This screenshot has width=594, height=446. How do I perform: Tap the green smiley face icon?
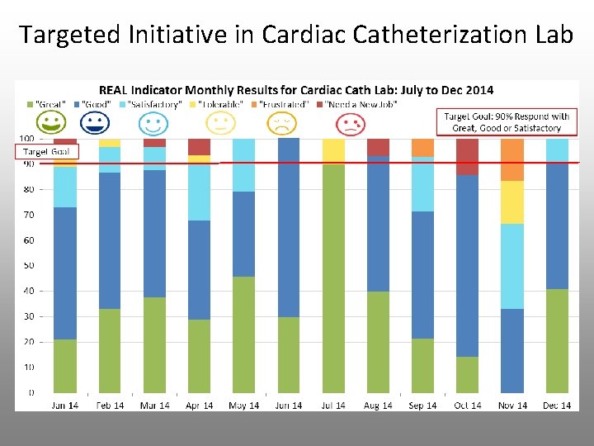(x=52, y=125)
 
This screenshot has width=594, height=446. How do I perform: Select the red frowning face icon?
(x=351, y=125)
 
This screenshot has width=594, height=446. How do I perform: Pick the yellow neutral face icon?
(x=219, y=125)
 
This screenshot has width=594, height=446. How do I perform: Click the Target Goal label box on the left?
(x=46, y=152)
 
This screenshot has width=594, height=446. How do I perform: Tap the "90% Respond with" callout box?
(x=507, y=121)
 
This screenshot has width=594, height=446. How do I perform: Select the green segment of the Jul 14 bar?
(x=333, y=278)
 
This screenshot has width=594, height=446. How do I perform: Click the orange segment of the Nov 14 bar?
(x=511, y=160)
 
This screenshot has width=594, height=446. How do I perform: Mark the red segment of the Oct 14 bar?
(x=467, y=157)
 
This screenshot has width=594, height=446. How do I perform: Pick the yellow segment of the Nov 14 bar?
(x=511, y=202)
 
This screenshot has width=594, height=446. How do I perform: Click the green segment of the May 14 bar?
(x=243, y=334)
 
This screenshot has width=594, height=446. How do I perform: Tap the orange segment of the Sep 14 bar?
(x=422, y=148)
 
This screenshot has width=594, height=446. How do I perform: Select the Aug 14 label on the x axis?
(x=378, y=406)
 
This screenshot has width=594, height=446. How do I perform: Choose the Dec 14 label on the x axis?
(x=557, y=406)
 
